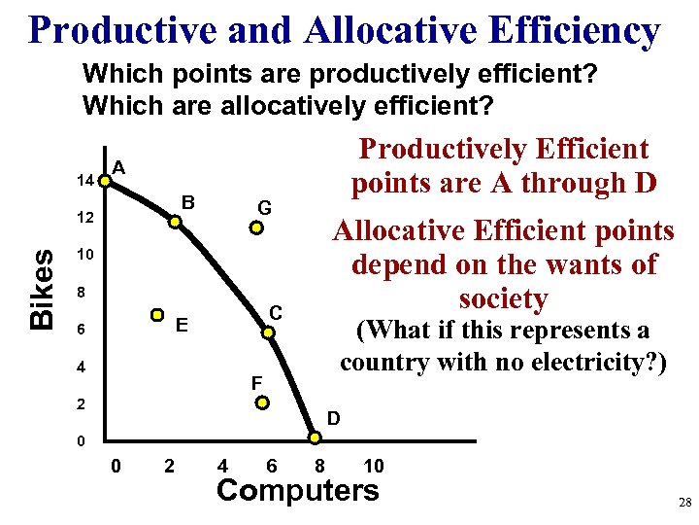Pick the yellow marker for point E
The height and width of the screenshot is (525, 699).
click(x=157, y=315)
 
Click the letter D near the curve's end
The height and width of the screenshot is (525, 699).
click(x=333, y=420)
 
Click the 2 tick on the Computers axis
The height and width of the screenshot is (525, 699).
click(x=170, y=466)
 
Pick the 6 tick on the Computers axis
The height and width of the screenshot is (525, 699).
click(x=273, y=466)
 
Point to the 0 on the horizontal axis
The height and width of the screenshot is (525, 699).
click(x=116, y=466)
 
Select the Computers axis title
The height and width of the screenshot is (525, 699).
click(x=297, y=490)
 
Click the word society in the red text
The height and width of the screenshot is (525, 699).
click(x=504, y=298)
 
